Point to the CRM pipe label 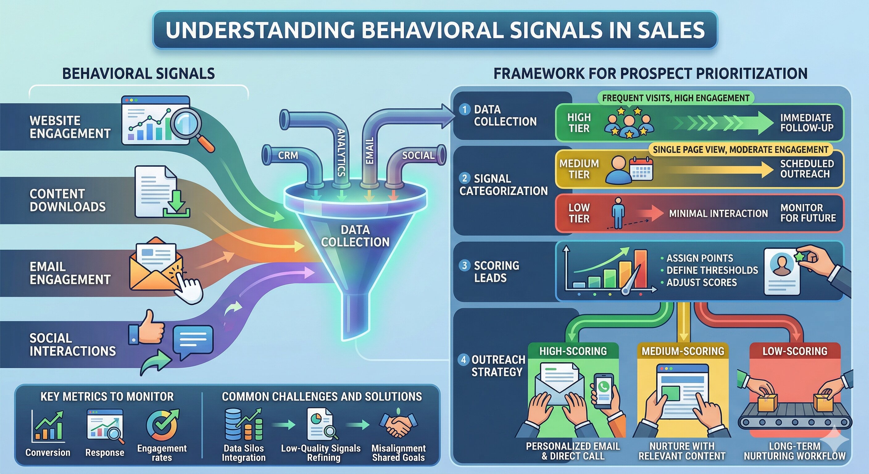[x=288, y=156]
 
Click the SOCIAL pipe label [x=418, y=156]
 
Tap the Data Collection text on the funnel [x=355, y=236]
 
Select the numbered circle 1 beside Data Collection [x=464, y=109]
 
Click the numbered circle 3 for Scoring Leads [x=464, y=265]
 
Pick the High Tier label [x=579, y=123]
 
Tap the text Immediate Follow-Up [x=806, y=123]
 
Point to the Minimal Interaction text [x=718, y=214]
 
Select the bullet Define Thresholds [x=712, y=270]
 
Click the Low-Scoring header [x=795, y=351]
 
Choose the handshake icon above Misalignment [x=398, y=425]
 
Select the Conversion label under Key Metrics [x=48, y=452]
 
